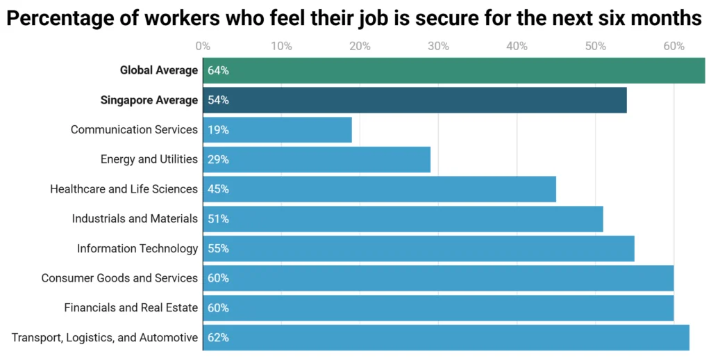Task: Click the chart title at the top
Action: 355,18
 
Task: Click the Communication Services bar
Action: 278,130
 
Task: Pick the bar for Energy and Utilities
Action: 317,159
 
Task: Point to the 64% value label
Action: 218,70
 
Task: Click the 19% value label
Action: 218,130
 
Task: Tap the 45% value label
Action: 218,189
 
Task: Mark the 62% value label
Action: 218,338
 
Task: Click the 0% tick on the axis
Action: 203,47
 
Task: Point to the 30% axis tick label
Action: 438,47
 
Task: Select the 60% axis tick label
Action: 674,47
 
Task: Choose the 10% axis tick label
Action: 281,47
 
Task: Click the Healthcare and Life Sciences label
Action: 124,189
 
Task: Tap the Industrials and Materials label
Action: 135,218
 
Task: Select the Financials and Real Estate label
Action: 131,307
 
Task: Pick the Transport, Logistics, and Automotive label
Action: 105,338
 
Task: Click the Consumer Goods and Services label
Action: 119,278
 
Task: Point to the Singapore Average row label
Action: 149,100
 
